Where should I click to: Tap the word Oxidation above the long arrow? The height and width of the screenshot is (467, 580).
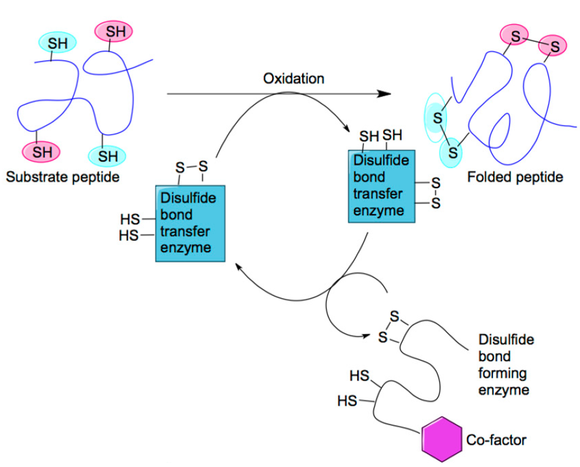point(294,79)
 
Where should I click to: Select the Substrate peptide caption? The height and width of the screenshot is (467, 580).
point(63,177)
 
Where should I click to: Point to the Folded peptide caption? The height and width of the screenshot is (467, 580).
point(515,177)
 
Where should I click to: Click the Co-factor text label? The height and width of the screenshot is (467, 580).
point(496,439)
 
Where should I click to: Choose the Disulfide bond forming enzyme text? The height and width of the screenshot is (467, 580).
point(506,364)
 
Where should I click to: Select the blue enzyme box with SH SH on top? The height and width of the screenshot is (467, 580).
point(382,186)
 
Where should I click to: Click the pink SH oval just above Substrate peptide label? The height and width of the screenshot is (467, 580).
point(42,151)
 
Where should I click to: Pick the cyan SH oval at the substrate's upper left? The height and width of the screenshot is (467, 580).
point(56,43)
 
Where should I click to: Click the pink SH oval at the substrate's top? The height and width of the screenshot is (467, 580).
point(115,30)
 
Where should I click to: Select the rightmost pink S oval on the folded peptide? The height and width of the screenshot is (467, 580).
point(555,46)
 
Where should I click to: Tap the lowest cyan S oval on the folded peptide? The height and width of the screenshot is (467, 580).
point(452,152)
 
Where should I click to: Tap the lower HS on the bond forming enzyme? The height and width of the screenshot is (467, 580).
point(347,400)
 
